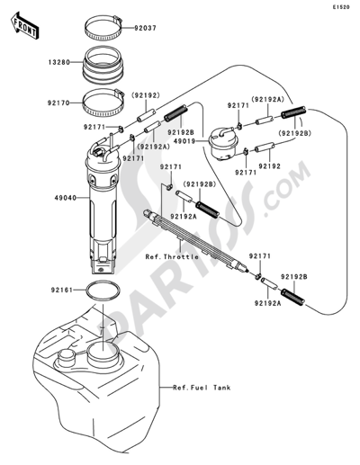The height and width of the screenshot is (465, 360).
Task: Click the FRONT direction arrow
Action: (x=24, y=25)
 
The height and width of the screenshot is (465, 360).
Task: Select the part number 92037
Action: (x=145, y=28)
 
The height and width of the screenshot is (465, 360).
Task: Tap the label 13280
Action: (x=59, y=63)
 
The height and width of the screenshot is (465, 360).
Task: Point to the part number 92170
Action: (x=58, y=103)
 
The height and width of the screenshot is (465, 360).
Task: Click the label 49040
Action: (x=66, y=198)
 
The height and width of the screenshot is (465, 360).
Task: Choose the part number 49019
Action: (x=185, y=140)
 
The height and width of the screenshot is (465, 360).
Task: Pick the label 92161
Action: (x=62, y=290)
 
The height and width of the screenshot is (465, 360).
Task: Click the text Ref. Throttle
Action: (x=172, y=257)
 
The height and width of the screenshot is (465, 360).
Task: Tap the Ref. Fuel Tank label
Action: (x=202, y=388)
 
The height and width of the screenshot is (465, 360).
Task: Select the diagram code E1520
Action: (x=341, y=7)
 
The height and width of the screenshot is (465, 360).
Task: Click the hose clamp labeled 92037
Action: (x=103, y=28)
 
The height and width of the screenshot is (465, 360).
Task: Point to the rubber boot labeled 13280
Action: (x=103, y=64)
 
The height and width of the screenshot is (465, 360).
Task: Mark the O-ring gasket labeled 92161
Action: (x=103, y=291)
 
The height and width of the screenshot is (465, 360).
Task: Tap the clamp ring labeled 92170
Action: (x=103, y=103)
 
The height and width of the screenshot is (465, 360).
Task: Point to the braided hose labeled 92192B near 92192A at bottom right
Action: (x=292, y=297)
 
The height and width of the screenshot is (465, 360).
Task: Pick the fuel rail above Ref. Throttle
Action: (x=196, y=239)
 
